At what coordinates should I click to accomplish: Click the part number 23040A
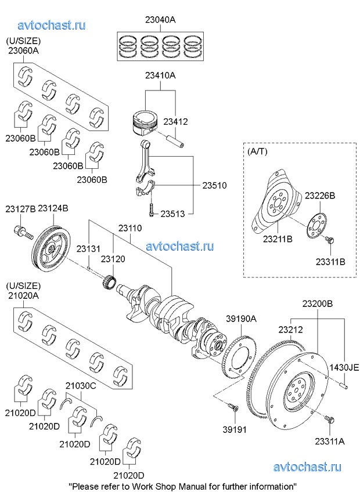(160, 19)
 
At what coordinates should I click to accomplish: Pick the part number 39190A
(241, 318)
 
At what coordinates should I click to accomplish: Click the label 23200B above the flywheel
(317, 303)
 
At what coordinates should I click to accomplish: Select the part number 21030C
(80, 384)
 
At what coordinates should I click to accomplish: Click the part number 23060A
(23, 50)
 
